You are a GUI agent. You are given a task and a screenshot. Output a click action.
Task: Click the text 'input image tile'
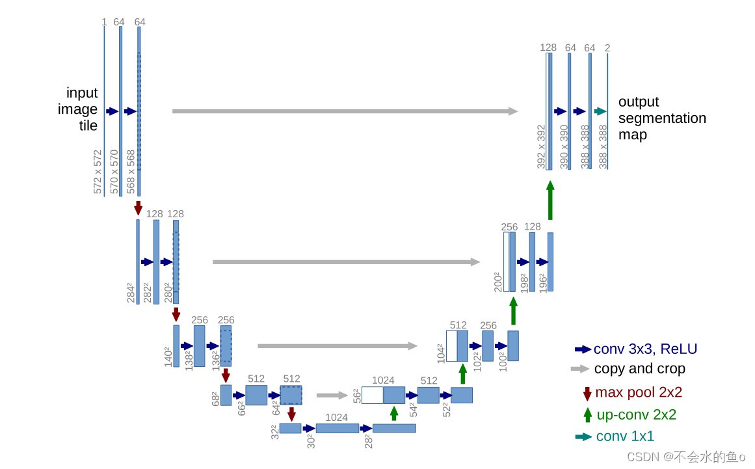[x=82, y=109]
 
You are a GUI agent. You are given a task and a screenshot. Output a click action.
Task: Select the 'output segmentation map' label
[x=661, y=118]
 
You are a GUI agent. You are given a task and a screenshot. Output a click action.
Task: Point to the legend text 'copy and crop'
[x=639, y=369]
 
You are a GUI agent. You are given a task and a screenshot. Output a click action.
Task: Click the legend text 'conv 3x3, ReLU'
[x=644, y=349]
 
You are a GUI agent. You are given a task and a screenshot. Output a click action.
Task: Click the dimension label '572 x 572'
[x=98, y=172]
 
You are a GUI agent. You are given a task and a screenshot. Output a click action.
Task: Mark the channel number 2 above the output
[x=607, y=47]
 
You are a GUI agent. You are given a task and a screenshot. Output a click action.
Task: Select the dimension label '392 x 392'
[x=541, y=146]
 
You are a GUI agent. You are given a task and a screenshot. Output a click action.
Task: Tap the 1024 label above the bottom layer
[x=337, y=417]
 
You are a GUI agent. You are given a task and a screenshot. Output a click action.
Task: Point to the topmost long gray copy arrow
[x=345, y=111]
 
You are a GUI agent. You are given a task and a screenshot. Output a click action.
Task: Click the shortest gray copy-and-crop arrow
[x=332, y=395]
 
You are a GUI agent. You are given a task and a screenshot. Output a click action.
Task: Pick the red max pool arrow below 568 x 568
[x=138, y=208]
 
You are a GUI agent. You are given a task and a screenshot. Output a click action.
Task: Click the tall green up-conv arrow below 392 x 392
[x=550, y=200]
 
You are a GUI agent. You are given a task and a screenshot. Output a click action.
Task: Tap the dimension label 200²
[x=497, y=281]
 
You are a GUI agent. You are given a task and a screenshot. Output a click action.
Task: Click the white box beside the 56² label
[x=372, y=395]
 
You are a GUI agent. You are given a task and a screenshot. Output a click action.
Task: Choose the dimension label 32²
[x=274, y=431]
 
